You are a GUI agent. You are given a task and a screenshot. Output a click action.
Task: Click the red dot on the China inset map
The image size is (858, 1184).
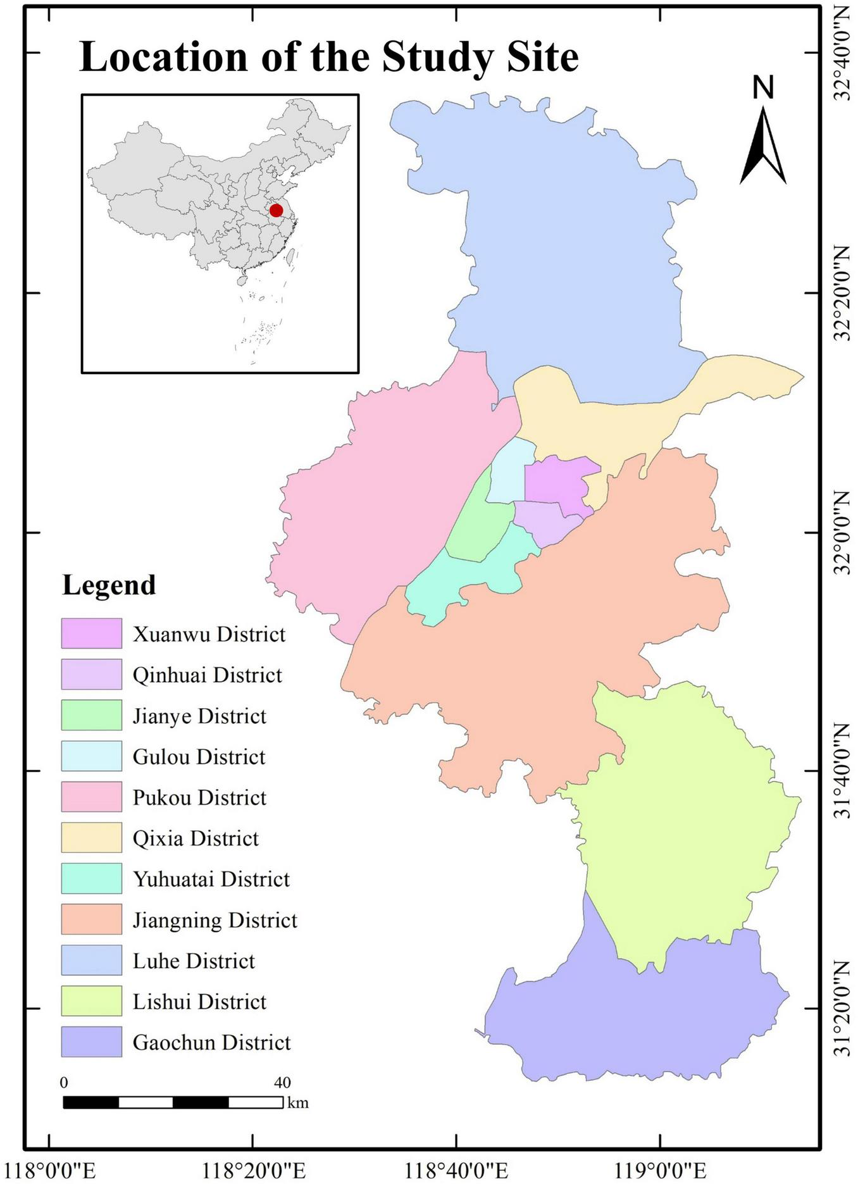point(276,210)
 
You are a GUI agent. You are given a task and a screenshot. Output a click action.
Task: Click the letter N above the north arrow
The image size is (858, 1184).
point(763,87)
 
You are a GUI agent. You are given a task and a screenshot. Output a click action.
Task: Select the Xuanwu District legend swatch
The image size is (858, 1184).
point(91,633)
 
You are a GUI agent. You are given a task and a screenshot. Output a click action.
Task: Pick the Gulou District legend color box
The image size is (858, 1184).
point(91,756)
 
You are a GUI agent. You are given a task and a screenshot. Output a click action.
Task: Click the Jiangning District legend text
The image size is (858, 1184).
point(214,920)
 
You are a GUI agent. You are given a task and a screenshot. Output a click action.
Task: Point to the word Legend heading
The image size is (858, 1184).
point(109,585)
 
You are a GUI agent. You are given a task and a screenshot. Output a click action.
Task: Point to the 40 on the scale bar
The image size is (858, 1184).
point(282,1083)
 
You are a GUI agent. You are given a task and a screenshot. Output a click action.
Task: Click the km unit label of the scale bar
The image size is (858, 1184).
point(298,1103)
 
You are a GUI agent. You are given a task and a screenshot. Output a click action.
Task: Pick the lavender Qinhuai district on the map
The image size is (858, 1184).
point(547,522)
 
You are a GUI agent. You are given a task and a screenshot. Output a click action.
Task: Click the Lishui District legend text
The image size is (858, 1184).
point(199,1002)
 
